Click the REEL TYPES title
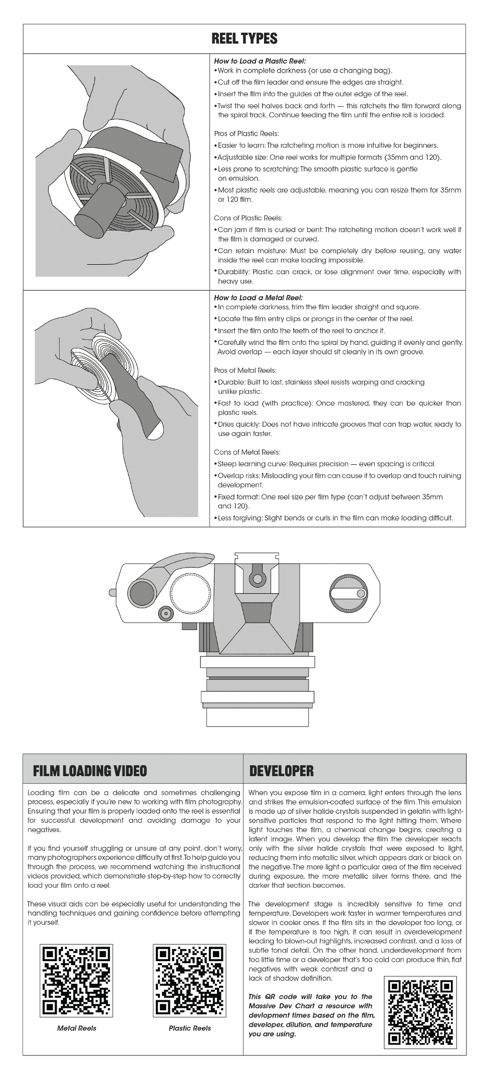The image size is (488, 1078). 245,39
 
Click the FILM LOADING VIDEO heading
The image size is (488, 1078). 90,771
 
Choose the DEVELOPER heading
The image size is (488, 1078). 281,771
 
